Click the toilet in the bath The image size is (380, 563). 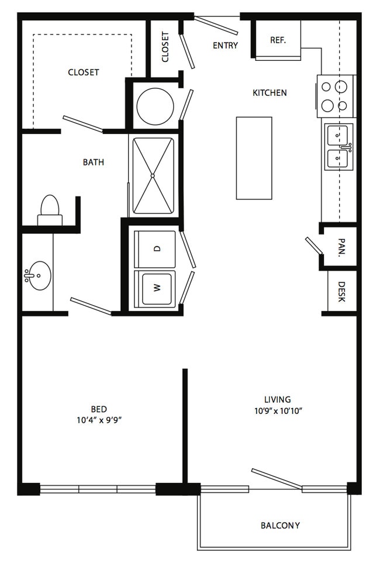pos(50,210)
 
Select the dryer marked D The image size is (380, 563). pos(155,248)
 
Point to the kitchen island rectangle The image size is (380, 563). pos(254,158)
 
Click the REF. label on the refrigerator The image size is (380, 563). pos(278,40)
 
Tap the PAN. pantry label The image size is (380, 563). pos(341,248)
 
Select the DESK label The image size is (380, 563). pos(341,292)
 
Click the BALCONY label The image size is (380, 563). pos(280,526)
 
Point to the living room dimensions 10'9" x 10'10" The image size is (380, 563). pos(278,411)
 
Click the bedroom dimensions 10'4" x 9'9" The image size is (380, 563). pos(99,420)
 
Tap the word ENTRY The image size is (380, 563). pos(225,45)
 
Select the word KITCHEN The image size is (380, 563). pos(270,92)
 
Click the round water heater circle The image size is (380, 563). pos(156,106)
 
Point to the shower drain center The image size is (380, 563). pos(153,175)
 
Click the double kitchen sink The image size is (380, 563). pos(338,147)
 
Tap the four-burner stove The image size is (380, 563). pos(336,96)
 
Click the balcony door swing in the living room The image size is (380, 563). pos(276,478)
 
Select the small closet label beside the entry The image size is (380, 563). pos(165,47)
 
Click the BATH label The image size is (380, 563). pos(94,162)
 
